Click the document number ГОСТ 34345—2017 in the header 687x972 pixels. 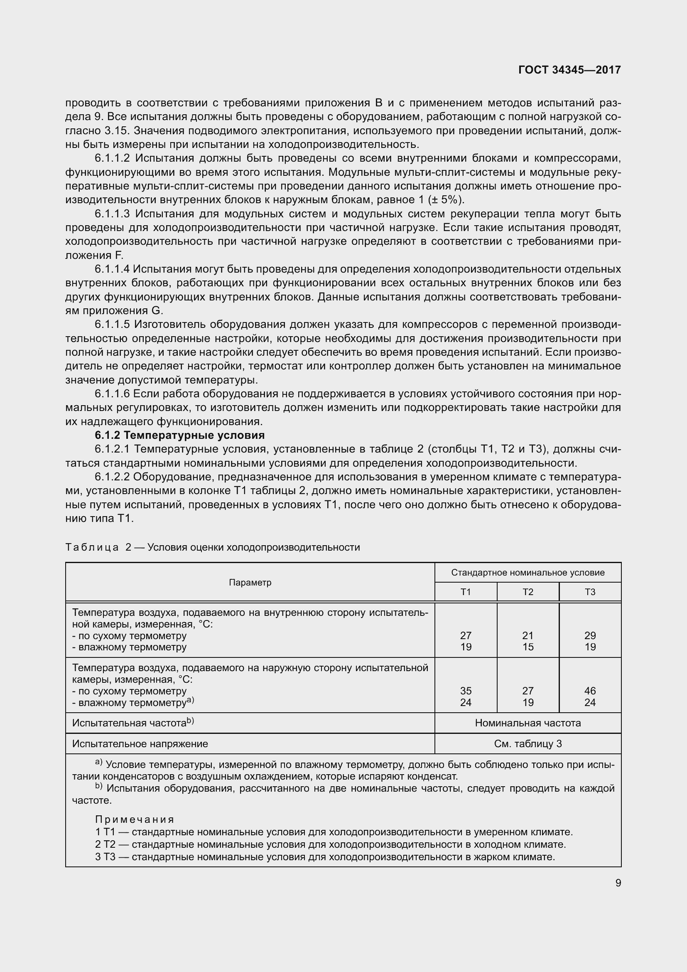pyautogui.click(x=569, y=70)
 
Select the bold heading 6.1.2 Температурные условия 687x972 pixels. pyautogui.click(x=180, y=435)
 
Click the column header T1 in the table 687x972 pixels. pyautogui.click(x=465, y=592)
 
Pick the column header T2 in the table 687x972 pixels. pyautogui.click(x=528, y=592)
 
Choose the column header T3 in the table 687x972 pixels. pyautogui.click(x=590, y=592)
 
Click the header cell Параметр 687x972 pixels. pyautogui.click(x=250, y=582)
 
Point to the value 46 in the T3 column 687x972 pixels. pyautogui.click(x=590, y=691)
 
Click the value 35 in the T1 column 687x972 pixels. pyautogui.click(x=465, y=691)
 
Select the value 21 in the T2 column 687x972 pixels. pyautogui.click(x=528, y=635)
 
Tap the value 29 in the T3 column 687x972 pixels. pyautogui.click(x=590, y=635)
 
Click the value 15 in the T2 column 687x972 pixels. pyautogui.click(x=528, y=647)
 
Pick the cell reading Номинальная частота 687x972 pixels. pyautogui.click(x=528, y=723)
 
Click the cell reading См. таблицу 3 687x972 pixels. pyautogui.click(x=528, y=744)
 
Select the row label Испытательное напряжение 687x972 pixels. pyautogui.click(x=140, y=744)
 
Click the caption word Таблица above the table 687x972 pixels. pyautogui.click(x=92, y=547)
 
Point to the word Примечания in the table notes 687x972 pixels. pyautogui.click(x=135, y=819)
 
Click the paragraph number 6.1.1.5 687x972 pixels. pyautogui.click(x=112, y=324)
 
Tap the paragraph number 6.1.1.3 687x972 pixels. pyautogui.click(x=112, y=214)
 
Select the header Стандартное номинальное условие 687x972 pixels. pyautogui.click(x=528, y=573)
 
